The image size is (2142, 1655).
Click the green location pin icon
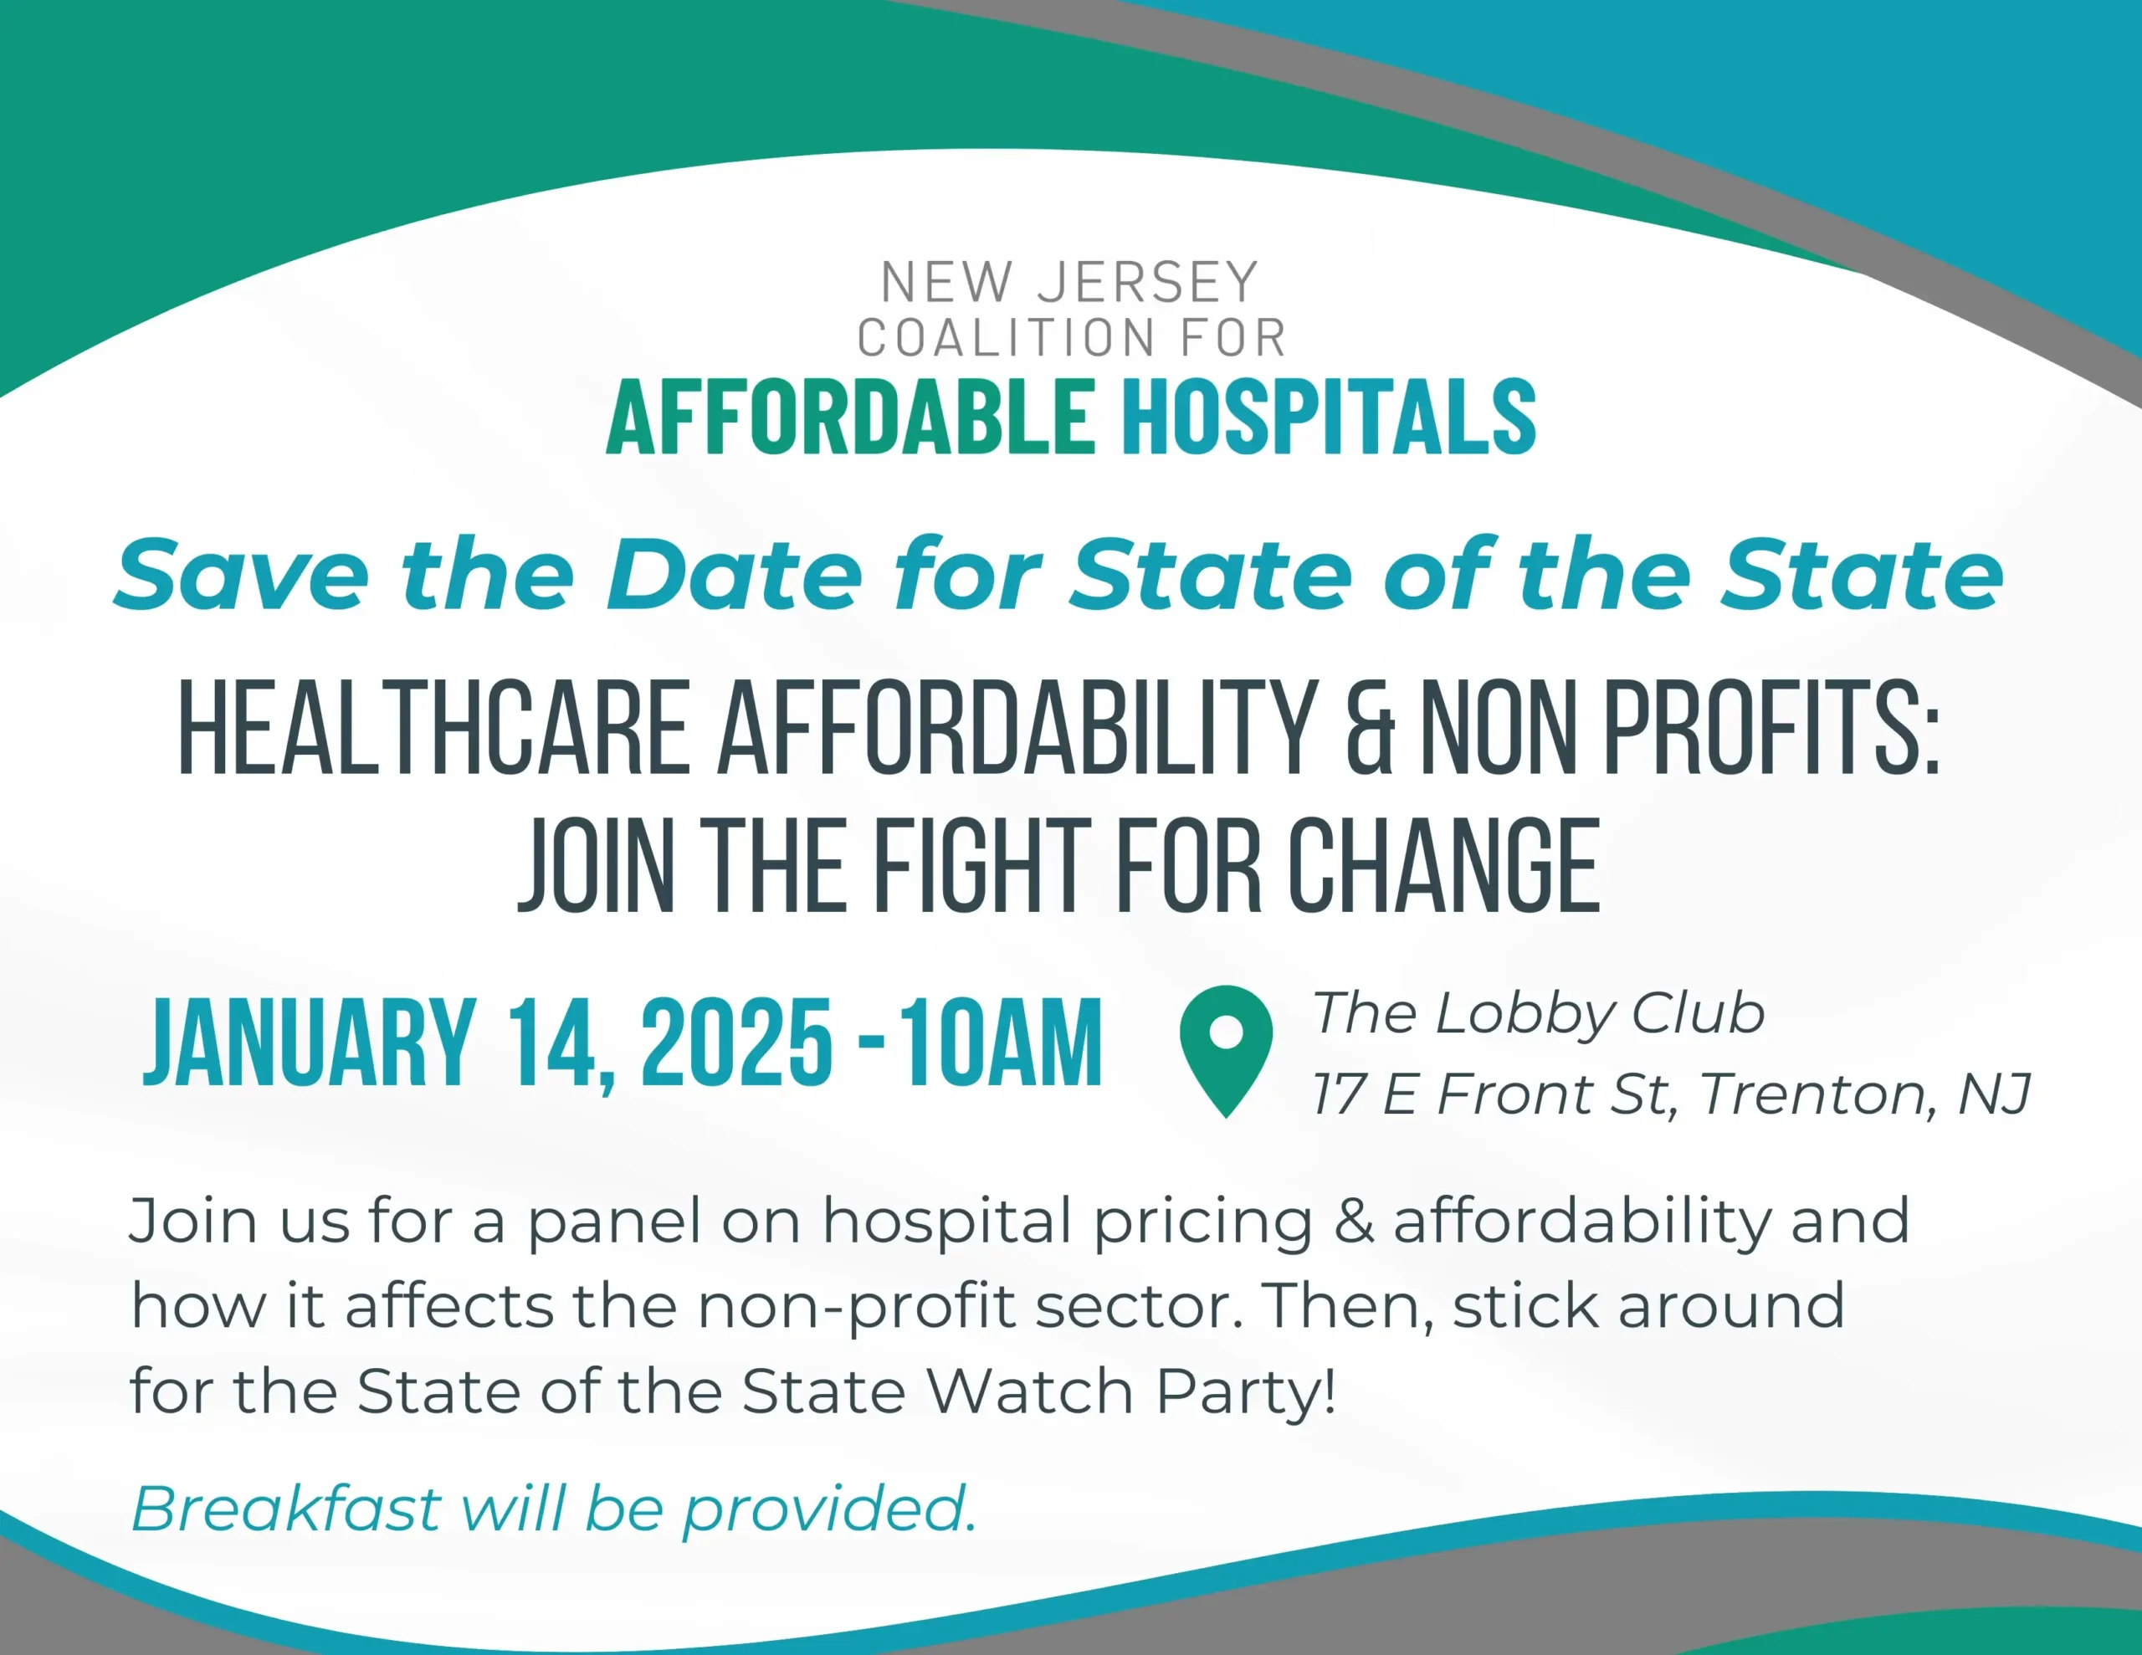point(1226,1051)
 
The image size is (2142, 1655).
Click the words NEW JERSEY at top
point(1070,283)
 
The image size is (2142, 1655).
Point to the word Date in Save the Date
point(735,574)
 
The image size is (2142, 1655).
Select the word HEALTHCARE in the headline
point(433,727)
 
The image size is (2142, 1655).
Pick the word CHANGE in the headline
point(1443,865)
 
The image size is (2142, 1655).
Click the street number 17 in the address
point(1340,1094)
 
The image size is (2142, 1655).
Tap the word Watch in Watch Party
point(1029,1391)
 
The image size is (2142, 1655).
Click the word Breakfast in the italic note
point(286,1508)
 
